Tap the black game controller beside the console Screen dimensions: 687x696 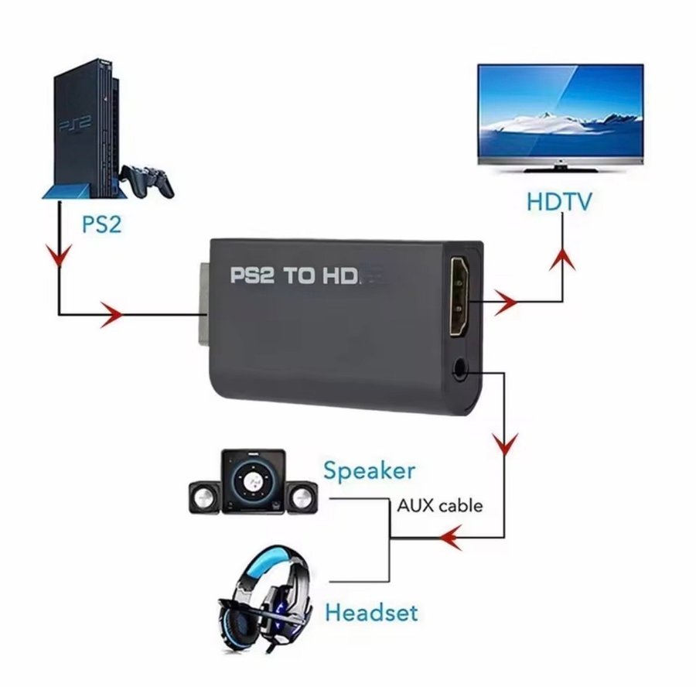148,179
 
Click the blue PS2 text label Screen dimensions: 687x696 102,224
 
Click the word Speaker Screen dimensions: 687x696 369,470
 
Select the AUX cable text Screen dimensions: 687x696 439,506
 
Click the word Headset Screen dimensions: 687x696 371,614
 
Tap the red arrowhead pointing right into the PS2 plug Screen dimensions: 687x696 113,314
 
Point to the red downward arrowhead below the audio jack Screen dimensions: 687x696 505,445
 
